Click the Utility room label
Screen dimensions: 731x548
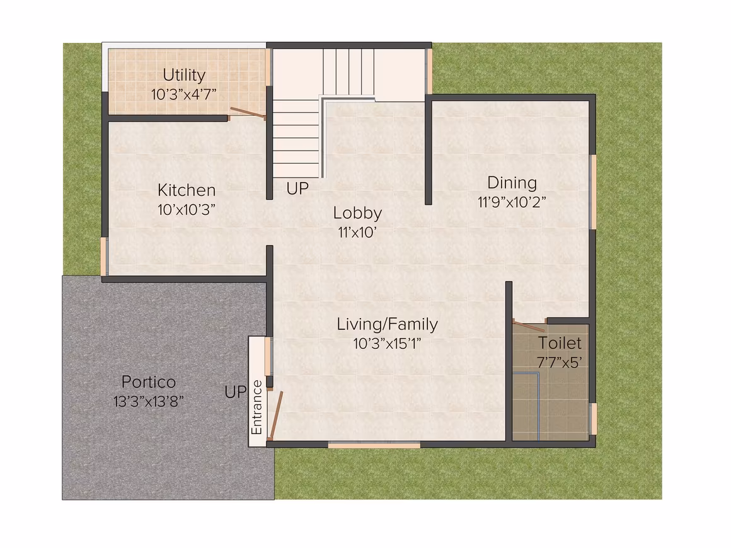click(184, 75)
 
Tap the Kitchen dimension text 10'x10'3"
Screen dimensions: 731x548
click(187, 210)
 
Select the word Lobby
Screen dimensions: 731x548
click(357, 213)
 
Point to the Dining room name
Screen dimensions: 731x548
click(512, 183)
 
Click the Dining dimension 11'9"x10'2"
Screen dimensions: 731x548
click(512, 202)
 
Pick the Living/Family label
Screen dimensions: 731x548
click(388, 324)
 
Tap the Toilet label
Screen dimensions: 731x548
click(560, 343)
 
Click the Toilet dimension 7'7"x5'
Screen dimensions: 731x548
click(560, 362)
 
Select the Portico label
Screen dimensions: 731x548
click(149, 382)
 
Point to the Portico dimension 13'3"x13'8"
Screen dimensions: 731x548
click(149, 401)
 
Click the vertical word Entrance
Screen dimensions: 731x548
click(257, 408)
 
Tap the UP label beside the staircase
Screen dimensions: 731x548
click(297, 189)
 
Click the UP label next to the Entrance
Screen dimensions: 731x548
click(236, 392)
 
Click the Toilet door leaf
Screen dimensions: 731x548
click(529, 325)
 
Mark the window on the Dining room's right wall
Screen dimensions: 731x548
click(593, 191)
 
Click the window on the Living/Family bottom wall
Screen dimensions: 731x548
click(374, 445)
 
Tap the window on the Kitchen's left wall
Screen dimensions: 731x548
click(105, 257)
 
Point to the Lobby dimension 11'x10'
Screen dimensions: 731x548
click(357, 232)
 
